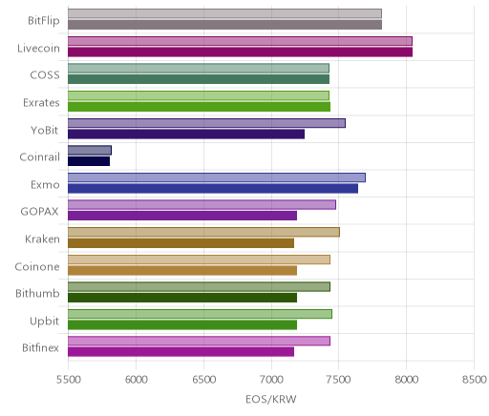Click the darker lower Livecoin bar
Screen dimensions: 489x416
[x=240, y=52]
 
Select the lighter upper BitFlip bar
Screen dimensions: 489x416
[x=224, y=13]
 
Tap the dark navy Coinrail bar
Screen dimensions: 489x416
[x=89, y=161]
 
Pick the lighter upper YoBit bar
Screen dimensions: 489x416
[x=206, y=123]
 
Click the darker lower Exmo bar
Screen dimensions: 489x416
[x=213, y=188]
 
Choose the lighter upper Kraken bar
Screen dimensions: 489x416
[x=203, y=232]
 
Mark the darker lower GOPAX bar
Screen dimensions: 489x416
[x=182, y=216]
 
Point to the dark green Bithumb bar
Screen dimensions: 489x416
[x=182, y=298]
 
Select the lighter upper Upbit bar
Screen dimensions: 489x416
[x=200, y=314]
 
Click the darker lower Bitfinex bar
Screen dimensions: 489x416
[x=181, y=352]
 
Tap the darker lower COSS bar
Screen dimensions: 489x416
[x=199, y=79]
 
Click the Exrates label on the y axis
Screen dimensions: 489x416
[x=41, y=103]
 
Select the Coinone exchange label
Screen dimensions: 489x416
[x=37, y=266]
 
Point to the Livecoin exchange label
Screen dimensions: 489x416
[x=38, y=48]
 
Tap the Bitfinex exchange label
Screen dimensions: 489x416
[x=40, y=348]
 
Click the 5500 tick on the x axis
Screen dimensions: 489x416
[x=69, y=380]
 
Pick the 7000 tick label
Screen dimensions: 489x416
[x=271, y=380]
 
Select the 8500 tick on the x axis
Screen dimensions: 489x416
[x=475, y=380]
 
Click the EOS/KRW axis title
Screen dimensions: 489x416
[x=271, y=399]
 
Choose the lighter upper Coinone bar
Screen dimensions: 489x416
[x=199, y=260]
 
